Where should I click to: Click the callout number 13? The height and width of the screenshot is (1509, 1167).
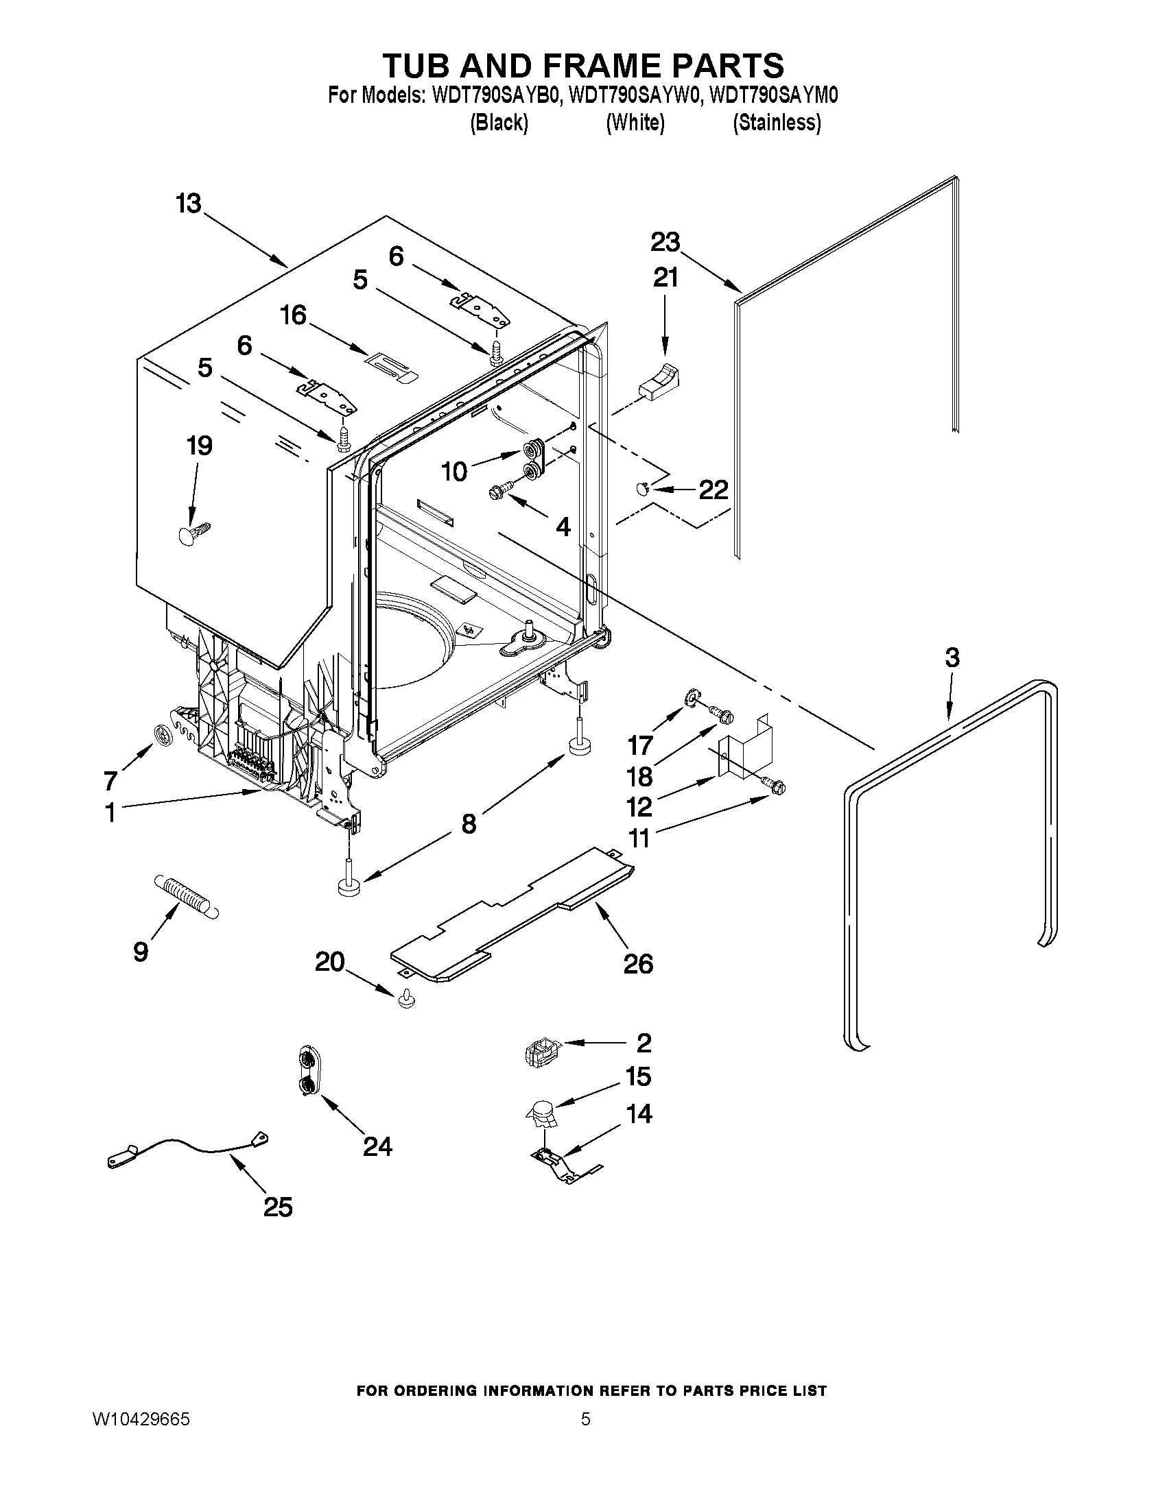coord(187,204)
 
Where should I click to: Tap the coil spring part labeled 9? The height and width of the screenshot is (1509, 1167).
coord(185,895)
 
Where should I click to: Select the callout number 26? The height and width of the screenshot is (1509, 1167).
coord(637,964)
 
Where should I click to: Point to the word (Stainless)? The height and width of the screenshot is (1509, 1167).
coord(777,123)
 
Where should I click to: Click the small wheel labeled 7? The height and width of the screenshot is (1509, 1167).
coord(163,735)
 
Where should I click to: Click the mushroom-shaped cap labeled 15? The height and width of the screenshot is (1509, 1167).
coord(542,1113)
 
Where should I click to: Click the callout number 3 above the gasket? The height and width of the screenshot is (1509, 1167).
coord(952,657)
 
